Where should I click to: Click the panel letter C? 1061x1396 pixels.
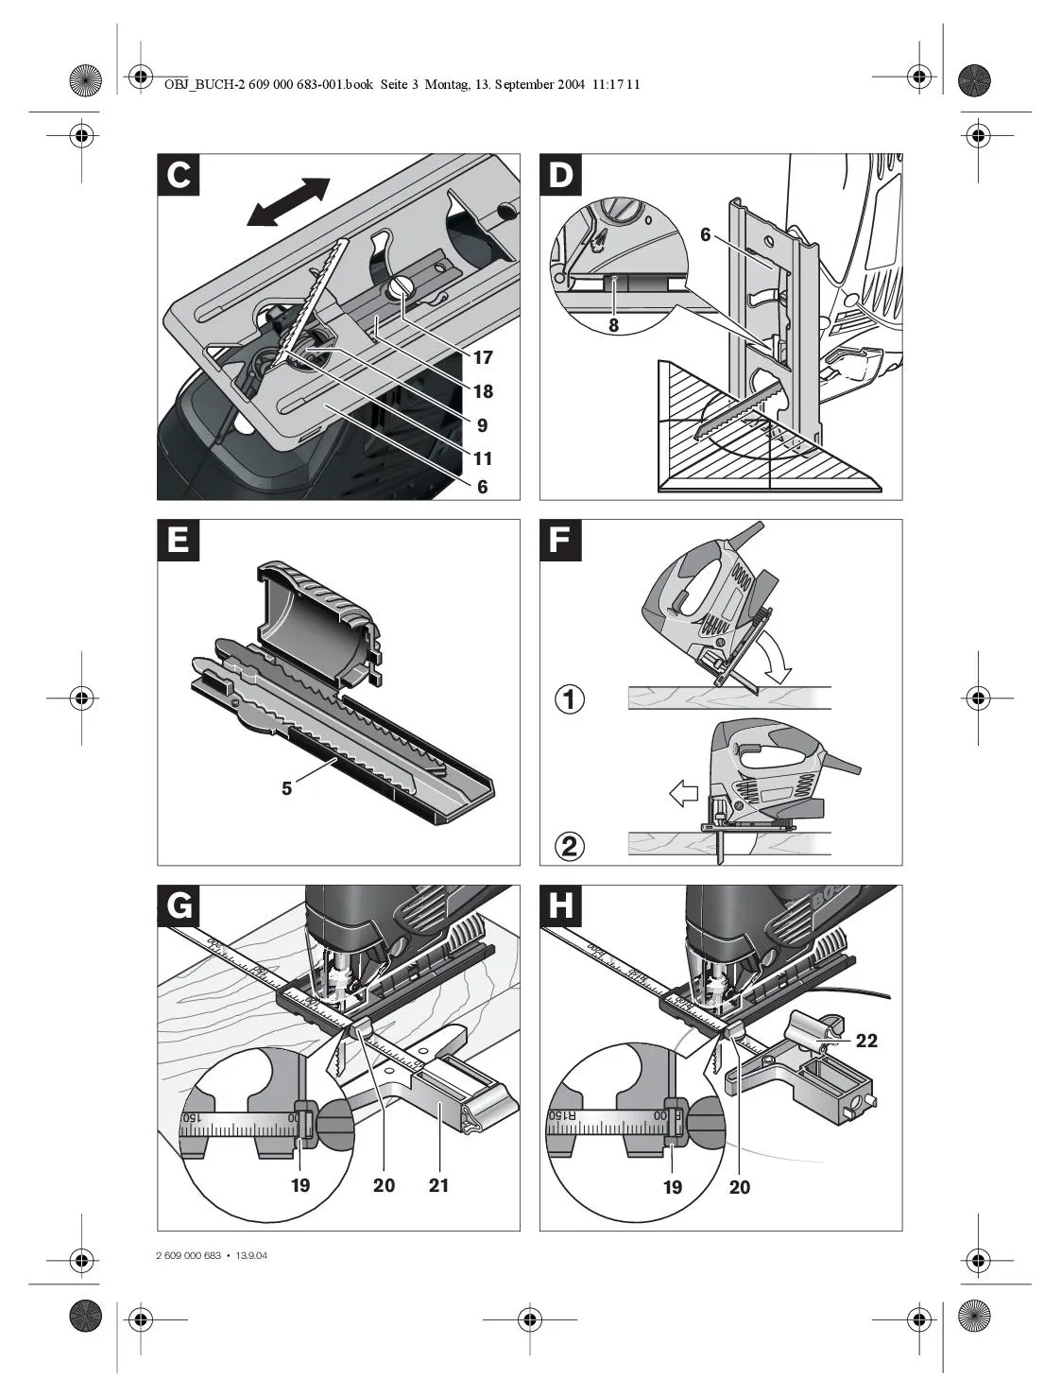pyautogui.click(x=179, y=176)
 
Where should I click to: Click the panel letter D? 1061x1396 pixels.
pyautogui.click(x=561, y=176)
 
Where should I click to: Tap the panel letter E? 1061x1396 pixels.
pyautogui.click(x=179, y=541)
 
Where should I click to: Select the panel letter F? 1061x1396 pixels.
pyautogui.click(x=561, y=541)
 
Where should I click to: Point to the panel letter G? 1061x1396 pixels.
pyautogui.click(x=179, y=906)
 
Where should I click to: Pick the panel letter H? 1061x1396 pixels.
pyautogui.click(x=561, y=906)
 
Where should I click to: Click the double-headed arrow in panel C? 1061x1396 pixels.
pyautogui.click(x=287, y=202)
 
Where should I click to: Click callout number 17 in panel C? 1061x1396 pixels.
pyautogui.click(x=483, y=358)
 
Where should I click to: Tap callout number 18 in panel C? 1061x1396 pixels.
pyautogui.click(x=483, y=391)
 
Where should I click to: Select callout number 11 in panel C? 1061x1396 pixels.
pyautogui.click(x=483, y=459)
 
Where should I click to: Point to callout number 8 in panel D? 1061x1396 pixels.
pyautogui.click(x=613, y=323)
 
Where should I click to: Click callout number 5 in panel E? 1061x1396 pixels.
pyautogui.click(x=286, y=788)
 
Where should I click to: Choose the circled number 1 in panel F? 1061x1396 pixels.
pyautogui.click(x=569, y=700)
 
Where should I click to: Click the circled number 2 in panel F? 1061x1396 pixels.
pyautogui.click(x=569, y=844)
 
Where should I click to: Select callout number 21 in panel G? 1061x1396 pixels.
pyautogui.click(x=438, y=1185)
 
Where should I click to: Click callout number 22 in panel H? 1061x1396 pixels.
pyautogui.click(x=866, y=1041)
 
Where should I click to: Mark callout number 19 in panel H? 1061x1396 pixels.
pyautogui.click(x=673, y=1186)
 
